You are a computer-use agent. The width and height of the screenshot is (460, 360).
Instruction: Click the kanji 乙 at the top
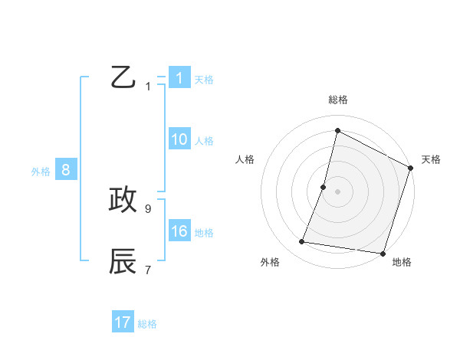[123, 77]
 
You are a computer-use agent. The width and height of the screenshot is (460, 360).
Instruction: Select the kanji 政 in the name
[123, 199]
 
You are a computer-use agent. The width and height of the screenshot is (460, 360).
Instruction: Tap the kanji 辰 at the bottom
[123, 260]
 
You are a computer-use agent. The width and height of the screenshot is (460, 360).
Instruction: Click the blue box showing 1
[179, 78]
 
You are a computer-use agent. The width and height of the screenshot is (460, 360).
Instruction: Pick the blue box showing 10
[179, 139]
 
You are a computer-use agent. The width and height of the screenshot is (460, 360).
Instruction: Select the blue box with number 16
[179, 231]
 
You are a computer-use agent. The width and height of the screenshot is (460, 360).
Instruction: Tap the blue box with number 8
[66, 170]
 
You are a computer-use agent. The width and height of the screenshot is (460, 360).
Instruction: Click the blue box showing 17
[123, 322]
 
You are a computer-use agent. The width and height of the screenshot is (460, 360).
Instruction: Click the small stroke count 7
[148, 269]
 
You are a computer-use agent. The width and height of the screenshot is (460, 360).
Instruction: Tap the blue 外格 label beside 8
[41, 172]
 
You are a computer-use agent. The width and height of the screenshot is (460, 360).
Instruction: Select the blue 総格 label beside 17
[147, 324]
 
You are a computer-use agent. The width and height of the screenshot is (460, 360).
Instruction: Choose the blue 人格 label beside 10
[204, 141]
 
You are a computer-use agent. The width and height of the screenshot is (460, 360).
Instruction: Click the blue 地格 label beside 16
[204, 233]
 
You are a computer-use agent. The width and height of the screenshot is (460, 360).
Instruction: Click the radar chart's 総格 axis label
[337, 100]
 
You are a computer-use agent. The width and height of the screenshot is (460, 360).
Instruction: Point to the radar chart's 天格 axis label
[431, 159]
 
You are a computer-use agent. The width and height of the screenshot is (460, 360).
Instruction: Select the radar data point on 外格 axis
[302, 242]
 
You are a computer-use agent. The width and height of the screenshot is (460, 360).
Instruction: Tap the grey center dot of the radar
[337, 191]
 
